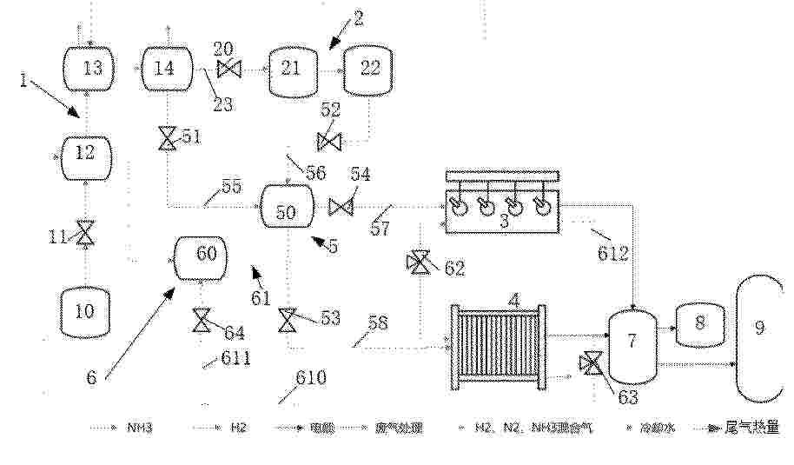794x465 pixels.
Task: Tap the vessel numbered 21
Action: click(291, 69)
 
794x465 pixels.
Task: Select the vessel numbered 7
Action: click(632, 340)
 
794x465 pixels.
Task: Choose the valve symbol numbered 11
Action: click(85, 233)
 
